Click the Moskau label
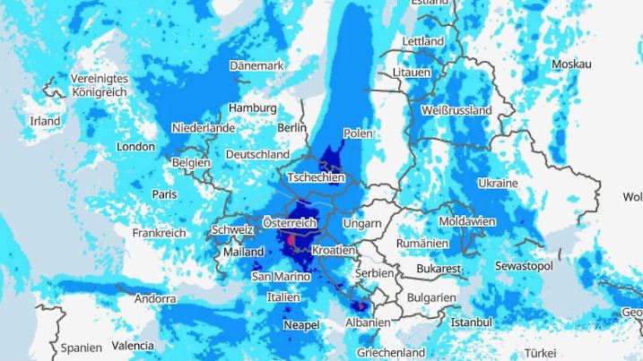click(571, 64)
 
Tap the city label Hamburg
click(252, 107)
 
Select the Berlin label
click(291, 128)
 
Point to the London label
click(135, 146)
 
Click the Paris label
click(164, 193)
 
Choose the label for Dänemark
click(256, 65)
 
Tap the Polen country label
click(358, 133)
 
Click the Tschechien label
click(315, 178)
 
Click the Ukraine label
click(498, 183)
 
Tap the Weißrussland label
click(456, 110)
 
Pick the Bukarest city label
click(439, 269)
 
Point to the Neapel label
click(301, 325)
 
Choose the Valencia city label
click(133, 346)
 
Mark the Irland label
click(45, 121)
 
